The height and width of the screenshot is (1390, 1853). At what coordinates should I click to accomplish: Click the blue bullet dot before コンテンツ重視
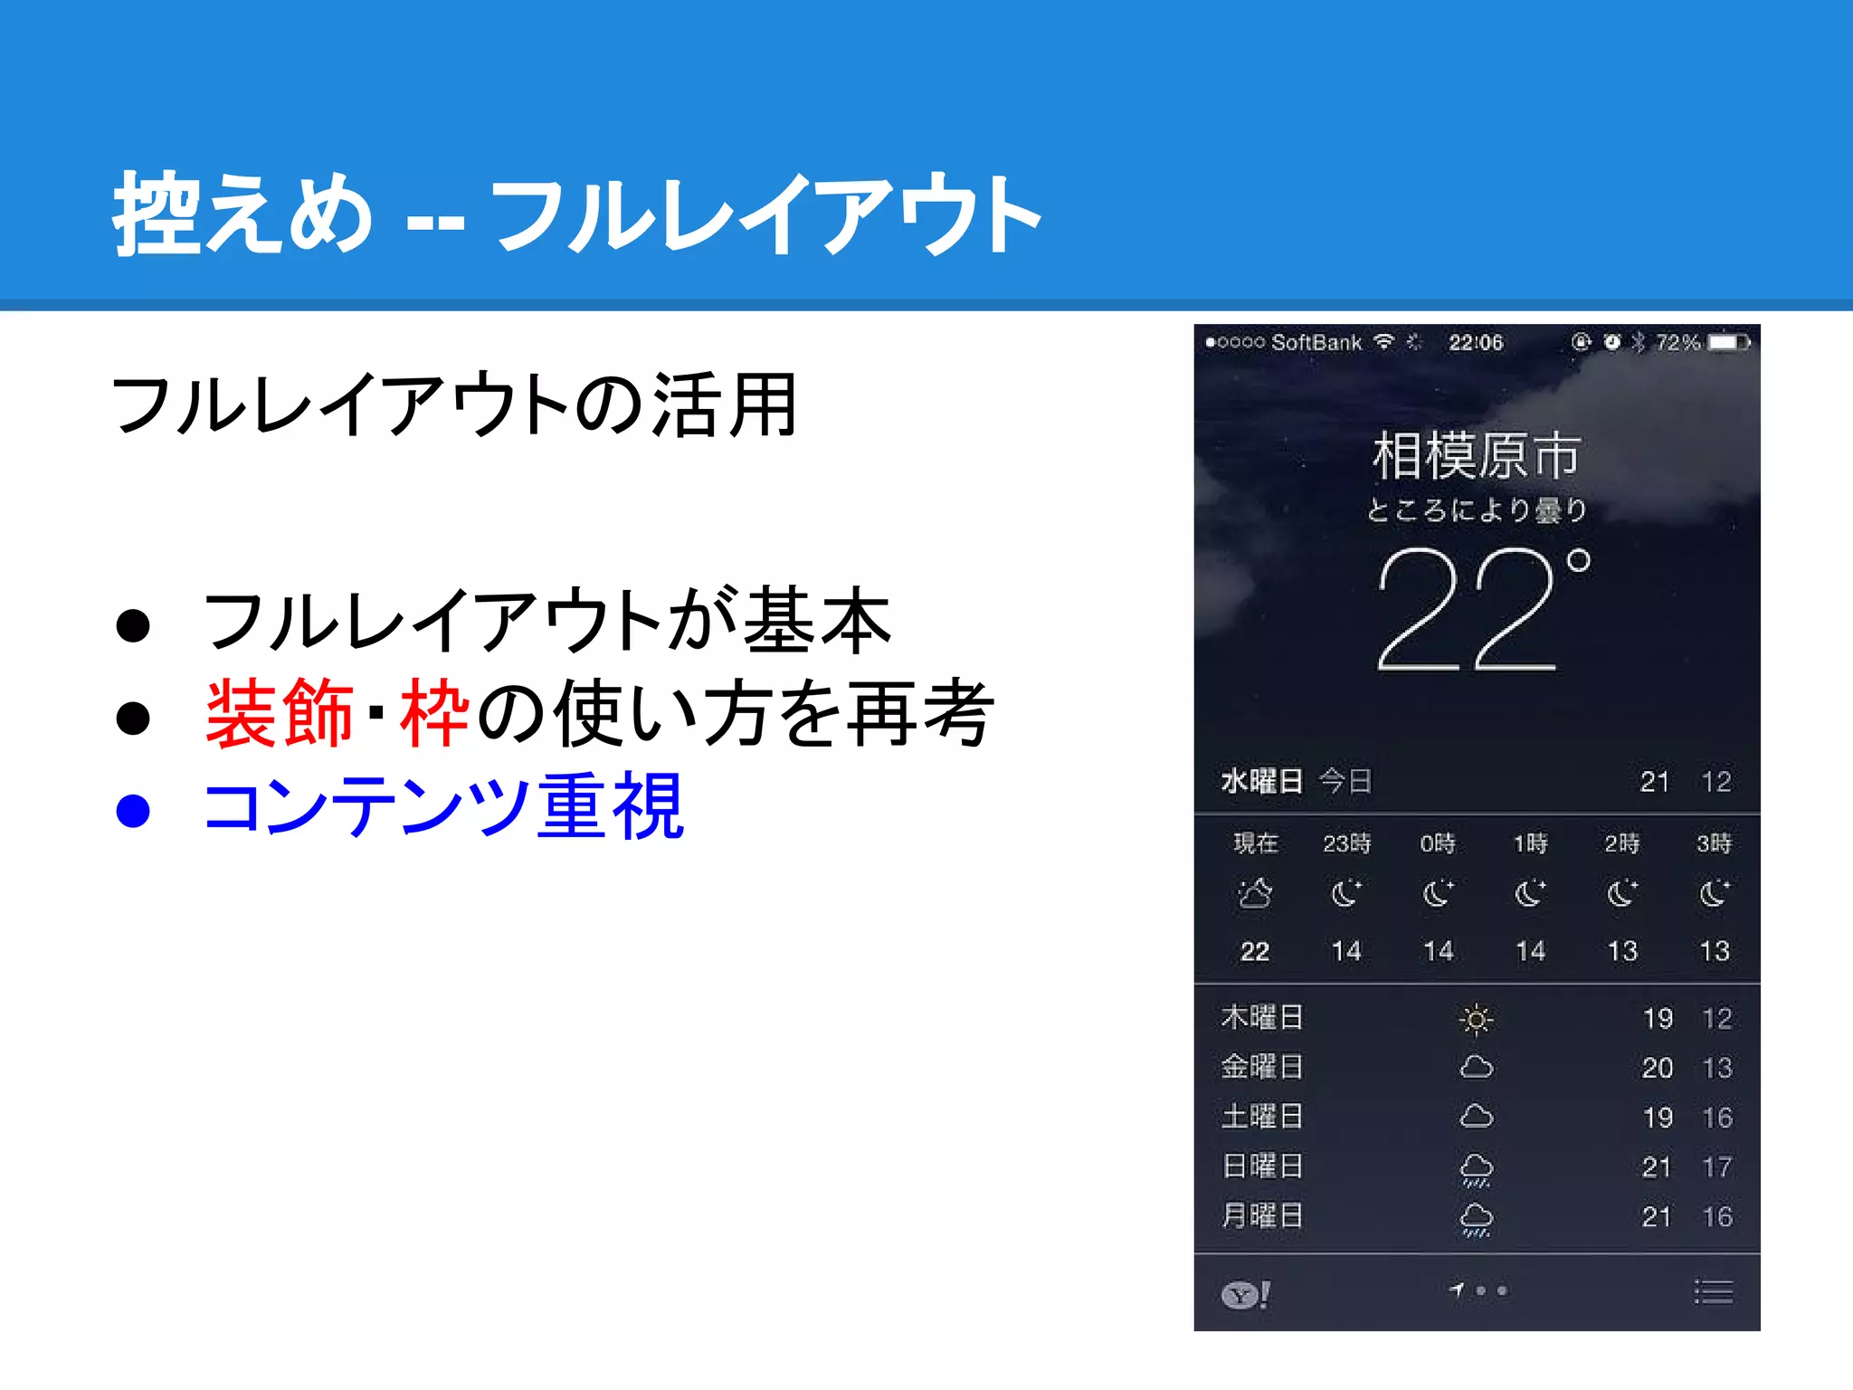click(x=133, y=810)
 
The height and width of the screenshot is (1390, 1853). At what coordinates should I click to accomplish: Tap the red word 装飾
click(x=279, y=714)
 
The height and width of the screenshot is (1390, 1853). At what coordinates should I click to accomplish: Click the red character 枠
click(x=435, y=714)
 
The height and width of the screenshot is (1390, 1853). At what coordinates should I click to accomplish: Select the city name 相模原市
click(x=1477, y=455)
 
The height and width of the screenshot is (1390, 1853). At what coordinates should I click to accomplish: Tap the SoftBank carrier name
click(x=1316, y=343)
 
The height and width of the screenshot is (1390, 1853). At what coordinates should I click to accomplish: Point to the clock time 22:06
click(x=1475, y=343)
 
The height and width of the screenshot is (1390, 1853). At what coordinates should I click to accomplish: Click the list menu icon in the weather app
click(x=1713, y=1292)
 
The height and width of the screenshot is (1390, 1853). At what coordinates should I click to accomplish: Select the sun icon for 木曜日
click(x=1476, y=1020)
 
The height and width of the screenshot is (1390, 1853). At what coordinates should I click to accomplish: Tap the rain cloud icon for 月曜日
click(x=1476, y=1218)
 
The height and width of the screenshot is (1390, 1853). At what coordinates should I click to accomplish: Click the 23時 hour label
click(x=1346, y=843)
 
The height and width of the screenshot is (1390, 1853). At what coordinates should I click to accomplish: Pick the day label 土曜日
click(x=1262, y=1117)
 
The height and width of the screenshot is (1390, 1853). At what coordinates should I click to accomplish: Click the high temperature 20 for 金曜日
click(x=1657, y=1068)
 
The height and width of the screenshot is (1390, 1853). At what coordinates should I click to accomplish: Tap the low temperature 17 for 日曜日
click(x=1716, y=1167)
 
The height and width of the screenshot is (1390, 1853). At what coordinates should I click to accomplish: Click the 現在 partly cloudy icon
click(x=1255, y=894)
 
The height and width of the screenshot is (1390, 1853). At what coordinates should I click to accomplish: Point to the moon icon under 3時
click(x=1714, y=894)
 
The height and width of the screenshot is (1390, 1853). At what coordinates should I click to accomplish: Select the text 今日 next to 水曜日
click(x=1345, y=781)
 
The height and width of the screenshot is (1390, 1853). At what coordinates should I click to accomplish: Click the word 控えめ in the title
click(x=242, y=214)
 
